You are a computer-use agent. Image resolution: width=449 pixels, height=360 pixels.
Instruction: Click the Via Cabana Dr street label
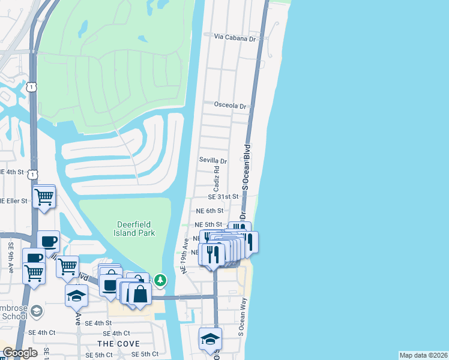[x=235, y=37]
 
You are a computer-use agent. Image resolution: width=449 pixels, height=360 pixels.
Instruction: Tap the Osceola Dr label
[x=231, y=105]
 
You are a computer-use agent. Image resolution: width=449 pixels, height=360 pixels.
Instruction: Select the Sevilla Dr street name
[x=213, y=161]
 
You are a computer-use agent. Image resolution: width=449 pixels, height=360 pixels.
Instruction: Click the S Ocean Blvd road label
[x=246, y=167]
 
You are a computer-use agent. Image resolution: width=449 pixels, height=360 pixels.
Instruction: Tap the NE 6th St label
[x=209, y=211]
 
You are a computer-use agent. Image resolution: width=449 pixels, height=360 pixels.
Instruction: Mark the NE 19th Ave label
[x=185, y=256]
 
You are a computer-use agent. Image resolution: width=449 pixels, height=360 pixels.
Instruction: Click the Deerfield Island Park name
[x=135, y=229]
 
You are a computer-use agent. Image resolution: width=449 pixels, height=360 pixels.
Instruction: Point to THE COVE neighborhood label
[x=119, y=344]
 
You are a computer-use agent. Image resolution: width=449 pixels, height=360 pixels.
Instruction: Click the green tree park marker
[x=160, y=280]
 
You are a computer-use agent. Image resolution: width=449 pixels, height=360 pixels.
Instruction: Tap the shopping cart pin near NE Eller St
[x=44, y=196]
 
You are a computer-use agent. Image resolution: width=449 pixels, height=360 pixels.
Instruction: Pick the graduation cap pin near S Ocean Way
[x=210, y=338]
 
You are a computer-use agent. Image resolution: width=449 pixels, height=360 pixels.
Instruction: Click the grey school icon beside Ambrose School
[x=37, y=311]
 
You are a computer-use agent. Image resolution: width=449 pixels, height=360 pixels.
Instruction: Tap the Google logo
[x=20, y=353]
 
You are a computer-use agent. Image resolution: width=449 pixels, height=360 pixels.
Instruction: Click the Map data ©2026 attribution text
[x=423, y=355]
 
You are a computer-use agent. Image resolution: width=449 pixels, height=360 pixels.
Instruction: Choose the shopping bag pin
[x=140, y=294]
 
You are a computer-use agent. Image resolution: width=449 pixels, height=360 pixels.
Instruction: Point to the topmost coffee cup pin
[x=49, y=241]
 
